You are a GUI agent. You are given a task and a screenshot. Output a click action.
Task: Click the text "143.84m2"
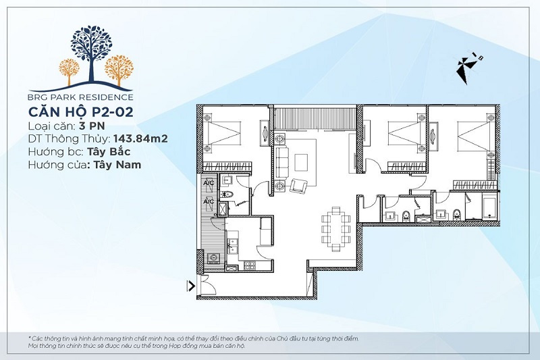pyautogui.click(x=140, y=138)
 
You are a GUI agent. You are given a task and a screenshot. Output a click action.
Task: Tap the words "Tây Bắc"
pyautogui.click(x=109, y=152)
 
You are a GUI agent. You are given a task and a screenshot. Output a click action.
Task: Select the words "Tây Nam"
pyautogui.click(x=115, y=165)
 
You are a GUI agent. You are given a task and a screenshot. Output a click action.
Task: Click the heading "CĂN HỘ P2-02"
pyautogui.click(x=80, y=112)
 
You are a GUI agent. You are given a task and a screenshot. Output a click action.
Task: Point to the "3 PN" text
pyautogui.click(x=92, y=126)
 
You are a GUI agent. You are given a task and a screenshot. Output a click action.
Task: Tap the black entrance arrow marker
pyautogui.click(x=190, y=286)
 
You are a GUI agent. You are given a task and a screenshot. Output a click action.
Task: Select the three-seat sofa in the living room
pyautogui.click(x=283, y=162)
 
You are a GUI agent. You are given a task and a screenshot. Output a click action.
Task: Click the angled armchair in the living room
pyautogui.click(x=298, y=186)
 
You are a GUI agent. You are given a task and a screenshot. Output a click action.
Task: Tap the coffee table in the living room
pyautogui.click(x=301, y=162)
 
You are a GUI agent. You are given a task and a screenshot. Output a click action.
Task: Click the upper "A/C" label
pyautogui.click(x=209, y=182)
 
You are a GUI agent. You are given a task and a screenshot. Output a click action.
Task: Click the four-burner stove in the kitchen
pyautogui.click(x=250, y=265)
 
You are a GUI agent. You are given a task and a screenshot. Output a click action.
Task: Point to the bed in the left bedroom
pyautogui.click(x=223, y=132)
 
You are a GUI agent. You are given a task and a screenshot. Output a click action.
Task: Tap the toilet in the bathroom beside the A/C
pyautogui.click(x=227, y=195)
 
